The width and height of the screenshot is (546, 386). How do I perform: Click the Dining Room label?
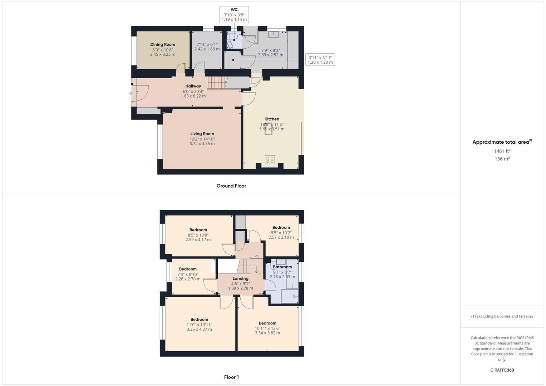tap(163, 45)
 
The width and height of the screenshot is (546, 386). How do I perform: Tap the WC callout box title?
tap(234, 10)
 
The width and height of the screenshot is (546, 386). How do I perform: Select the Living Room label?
tap(202, 134)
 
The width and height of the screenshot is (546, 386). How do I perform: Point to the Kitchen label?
tap(272, 119)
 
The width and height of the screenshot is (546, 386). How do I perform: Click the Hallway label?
tap(193, 86)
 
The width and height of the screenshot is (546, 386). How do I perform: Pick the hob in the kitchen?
tap(270, 159)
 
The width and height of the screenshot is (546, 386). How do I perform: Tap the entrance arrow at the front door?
tap(130, 93)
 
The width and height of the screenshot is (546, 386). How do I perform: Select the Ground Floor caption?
tap(231, 186)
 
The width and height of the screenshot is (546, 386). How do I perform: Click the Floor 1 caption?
tap(231, 377)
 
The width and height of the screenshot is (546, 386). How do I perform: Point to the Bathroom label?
tap(282, 267)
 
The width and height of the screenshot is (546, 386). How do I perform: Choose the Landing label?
tap(240, 278)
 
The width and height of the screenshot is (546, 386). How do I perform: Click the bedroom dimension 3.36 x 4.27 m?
tap(199, 330)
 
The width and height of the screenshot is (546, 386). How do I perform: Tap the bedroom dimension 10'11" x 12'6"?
tap(267, 328)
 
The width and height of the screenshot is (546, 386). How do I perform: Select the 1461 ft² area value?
tap(502, 151)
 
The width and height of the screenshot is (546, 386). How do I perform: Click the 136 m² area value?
tap(502, 159)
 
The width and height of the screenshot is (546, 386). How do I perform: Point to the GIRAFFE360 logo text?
tap(502, 370)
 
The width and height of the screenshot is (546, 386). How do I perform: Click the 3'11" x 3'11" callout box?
tap(320, 60)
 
